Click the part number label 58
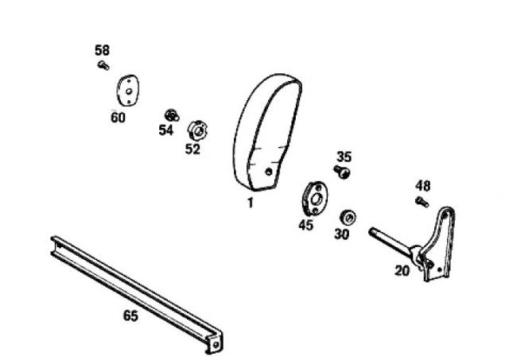point(103,50)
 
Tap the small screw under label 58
point(103,65)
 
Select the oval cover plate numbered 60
point(127,91)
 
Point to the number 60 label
point(118,118)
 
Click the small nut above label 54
point(172,115)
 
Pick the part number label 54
point(166,130)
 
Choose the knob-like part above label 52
point(198,130)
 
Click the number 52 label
point(192,149)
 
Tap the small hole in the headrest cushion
point(269,172)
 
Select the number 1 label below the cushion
point(250,203)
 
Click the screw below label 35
point(342,172)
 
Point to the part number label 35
point(344,157)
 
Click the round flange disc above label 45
point(315,199)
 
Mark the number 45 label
point(306,225)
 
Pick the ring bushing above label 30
point(348,217)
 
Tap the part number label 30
point(342,234)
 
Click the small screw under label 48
point(422,202)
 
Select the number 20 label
point(402,270)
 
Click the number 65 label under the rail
point(130,315)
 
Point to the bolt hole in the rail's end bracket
point(216,345)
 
